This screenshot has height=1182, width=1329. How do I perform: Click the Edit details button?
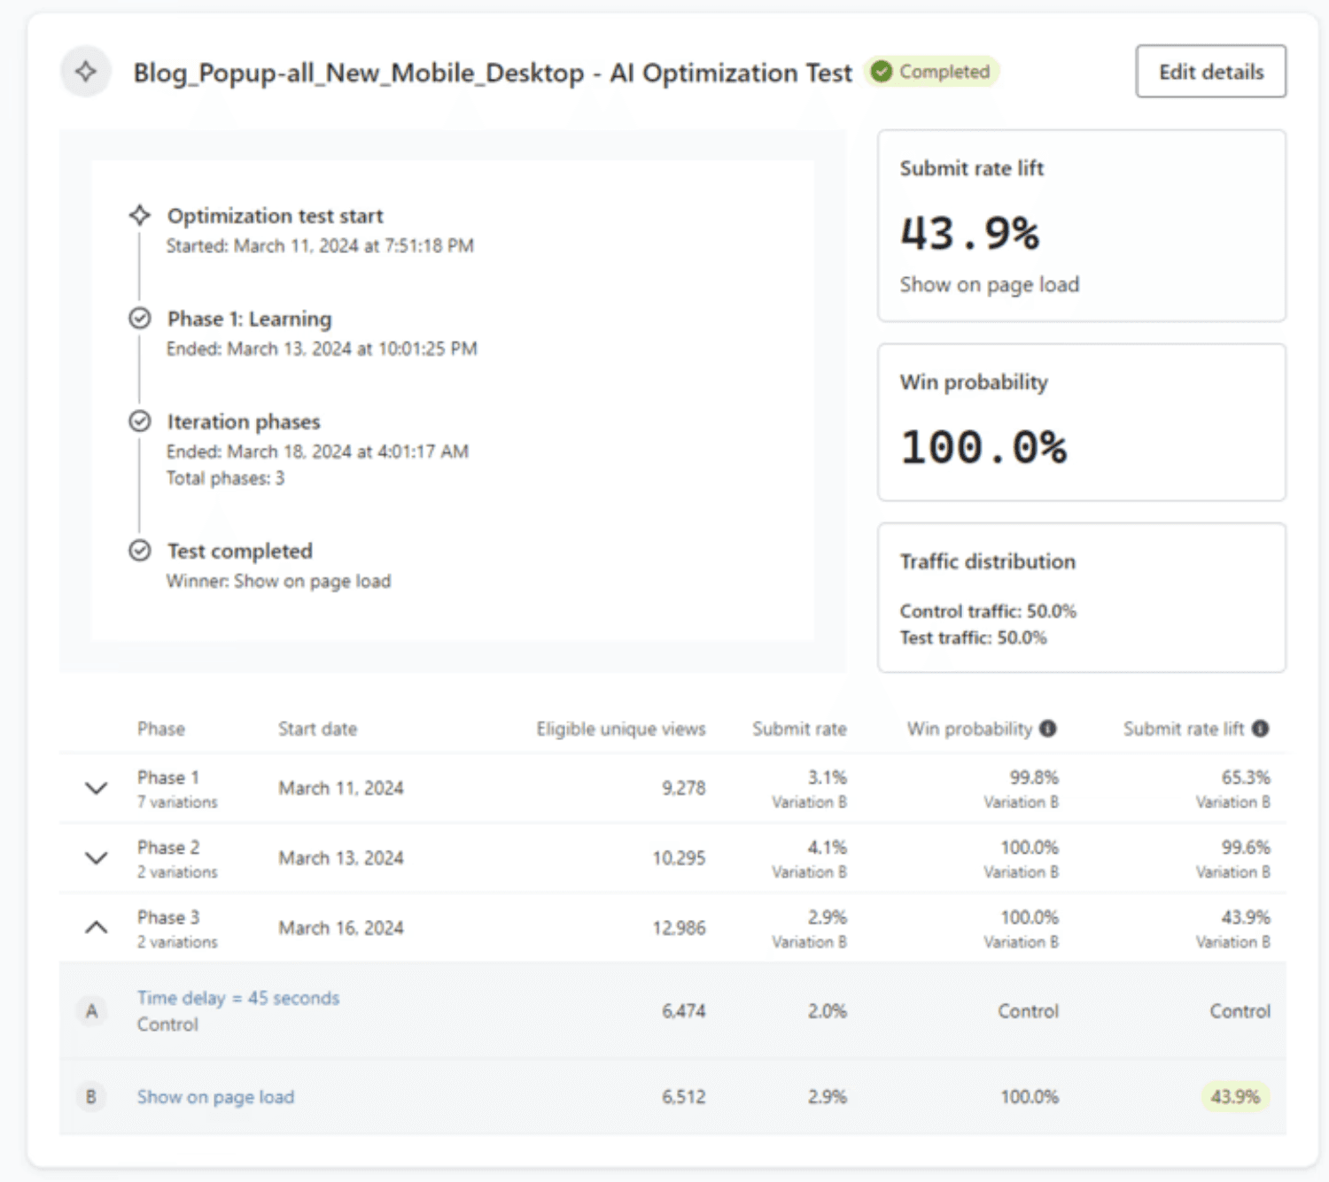click(x=1210, y=72)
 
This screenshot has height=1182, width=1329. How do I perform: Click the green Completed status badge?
click(x=931, y=72)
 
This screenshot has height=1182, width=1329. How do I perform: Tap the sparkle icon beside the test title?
click(x=86, y=72)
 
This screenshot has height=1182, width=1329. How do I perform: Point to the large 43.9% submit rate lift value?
click(x=969, y=233)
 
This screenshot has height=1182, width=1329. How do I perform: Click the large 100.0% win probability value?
click(x=983, y=447)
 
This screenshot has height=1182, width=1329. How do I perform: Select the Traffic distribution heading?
click(x=987, y=562)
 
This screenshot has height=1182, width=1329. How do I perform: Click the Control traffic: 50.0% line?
click(x=988, y=611)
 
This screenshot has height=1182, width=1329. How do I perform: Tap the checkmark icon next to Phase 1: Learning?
click(x=140, y=319)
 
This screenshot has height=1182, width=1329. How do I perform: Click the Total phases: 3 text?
click(x=225, y=478)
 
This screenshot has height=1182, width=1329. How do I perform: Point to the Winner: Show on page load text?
click(x=279, y=581)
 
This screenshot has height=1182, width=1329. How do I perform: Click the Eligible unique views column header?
click(x=620, y=729)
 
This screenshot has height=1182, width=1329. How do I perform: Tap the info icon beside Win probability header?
click(x=1048, y=729)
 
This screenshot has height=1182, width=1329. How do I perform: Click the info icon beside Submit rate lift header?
click(x=1260, y=729)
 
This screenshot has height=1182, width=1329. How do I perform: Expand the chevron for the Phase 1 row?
click(x=97, y=788)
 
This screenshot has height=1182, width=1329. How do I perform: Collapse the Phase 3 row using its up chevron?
click(x=97, y=927)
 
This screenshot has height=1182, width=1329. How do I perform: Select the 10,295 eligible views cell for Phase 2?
click(x=679, y=858)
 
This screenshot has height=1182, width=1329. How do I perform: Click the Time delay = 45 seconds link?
click(x=238, y=998)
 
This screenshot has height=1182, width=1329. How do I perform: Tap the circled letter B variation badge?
click(x=91, y=1097)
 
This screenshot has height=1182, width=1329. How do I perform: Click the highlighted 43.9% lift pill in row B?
click(x=1235, y=1097)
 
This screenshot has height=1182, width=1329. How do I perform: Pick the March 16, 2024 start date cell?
click(x=341, y=928)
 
